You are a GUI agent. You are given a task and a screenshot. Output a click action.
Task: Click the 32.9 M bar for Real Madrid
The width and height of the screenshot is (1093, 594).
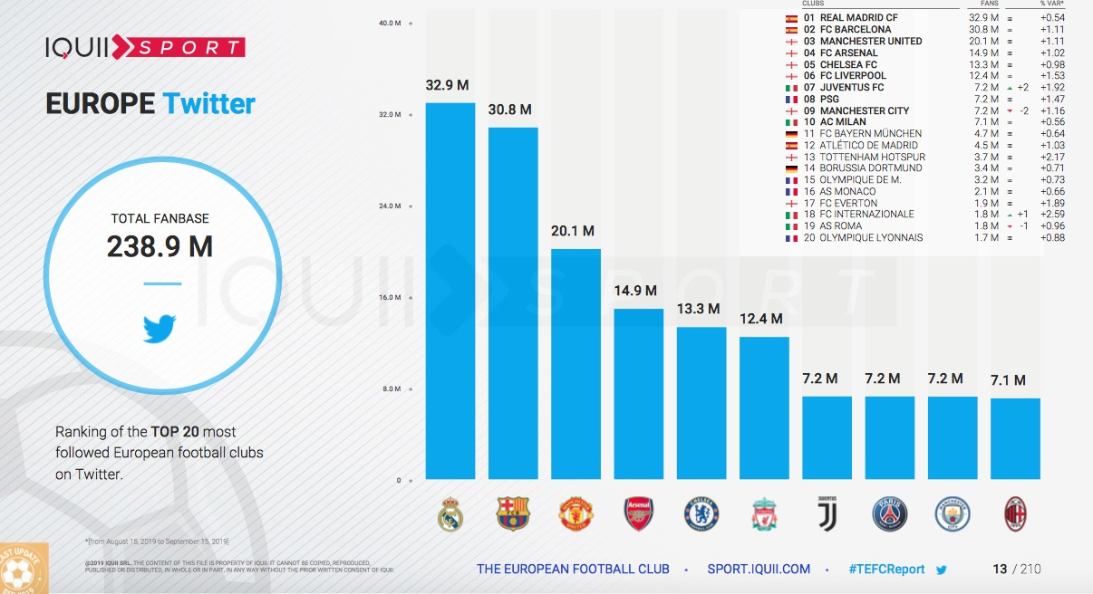pos(450,290)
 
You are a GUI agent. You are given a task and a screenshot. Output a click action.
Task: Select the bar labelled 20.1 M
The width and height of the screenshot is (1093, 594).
pos(576,362)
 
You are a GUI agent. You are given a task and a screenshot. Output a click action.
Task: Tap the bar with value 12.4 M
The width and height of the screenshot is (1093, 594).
pos(764,407)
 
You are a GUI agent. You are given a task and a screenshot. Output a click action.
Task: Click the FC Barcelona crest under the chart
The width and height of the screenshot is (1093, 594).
pos(513,514)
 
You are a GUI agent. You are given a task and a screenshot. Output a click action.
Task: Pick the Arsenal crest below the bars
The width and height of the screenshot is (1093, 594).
pos(638,514)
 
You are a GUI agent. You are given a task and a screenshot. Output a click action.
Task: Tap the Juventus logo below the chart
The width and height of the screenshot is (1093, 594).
pos(827,514)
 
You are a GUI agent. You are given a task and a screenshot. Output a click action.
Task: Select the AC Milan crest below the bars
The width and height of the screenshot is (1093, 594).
pos(1015,514)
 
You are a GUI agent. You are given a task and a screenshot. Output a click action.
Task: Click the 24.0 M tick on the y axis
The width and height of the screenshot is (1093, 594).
pos(390,206)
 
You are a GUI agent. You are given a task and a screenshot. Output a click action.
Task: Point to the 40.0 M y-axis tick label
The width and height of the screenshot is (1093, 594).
pos(390,24)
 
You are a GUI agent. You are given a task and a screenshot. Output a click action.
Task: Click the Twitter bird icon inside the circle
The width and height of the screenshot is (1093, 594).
pos(160,328)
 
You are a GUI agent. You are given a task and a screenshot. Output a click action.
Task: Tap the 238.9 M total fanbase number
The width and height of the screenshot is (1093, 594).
pos(160,246)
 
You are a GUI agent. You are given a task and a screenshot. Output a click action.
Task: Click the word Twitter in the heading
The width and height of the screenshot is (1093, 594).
pos(208,103)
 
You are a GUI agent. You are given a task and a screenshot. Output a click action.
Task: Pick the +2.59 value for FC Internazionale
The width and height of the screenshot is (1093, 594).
pos(1052,215)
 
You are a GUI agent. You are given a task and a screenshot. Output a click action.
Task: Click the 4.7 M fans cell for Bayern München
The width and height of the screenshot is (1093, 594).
pos(982,133)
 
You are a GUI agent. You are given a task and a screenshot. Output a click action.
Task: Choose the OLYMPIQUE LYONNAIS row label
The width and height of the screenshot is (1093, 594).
pos(871,238)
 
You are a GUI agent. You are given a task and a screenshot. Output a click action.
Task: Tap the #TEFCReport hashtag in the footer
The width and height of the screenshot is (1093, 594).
pos(886,570)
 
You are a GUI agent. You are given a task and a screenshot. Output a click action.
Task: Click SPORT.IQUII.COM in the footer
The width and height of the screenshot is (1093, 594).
pos(759,570)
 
